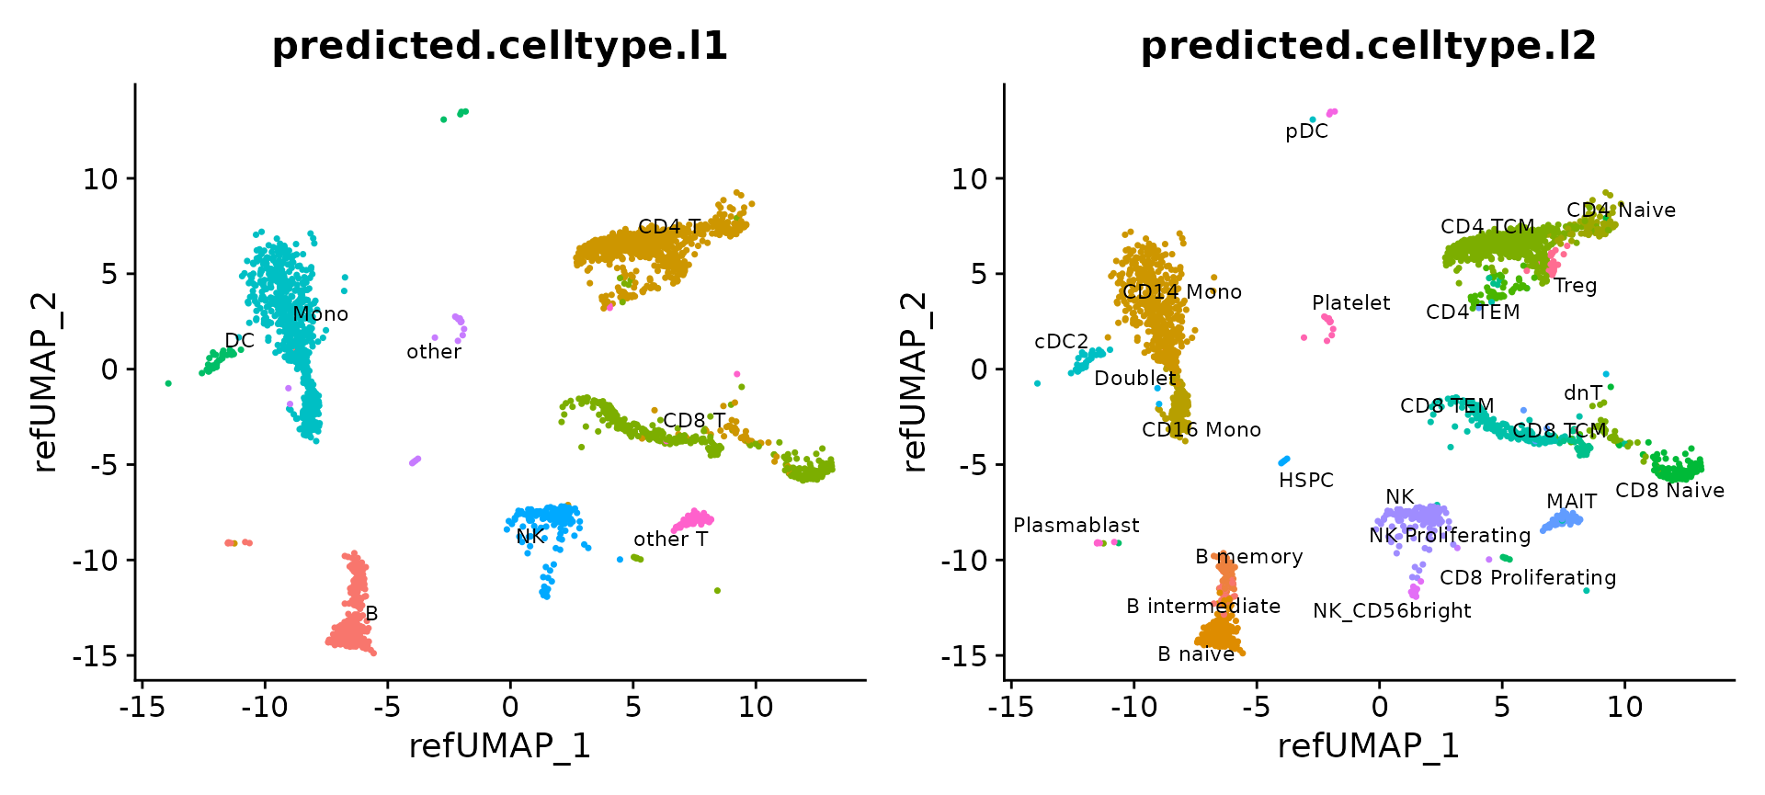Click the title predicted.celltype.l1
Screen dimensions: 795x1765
pos(500,46)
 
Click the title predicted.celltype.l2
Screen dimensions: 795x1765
pos(1368,46)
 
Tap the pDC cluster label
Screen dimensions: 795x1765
pos(1306,131)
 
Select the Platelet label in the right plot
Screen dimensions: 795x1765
pos(1350,303)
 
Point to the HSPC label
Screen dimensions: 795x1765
pos(1305,480)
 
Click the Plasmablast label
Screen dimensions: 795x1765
pos(1076,525)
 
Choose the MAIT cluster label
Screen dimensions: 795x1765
pos(1571,501)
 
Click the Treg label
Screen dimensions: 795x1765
pos(1575,286)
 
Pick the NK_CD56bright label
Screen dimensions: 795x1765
pos(1392,611)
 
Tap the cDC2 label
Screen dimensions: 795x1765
pos(1061,342)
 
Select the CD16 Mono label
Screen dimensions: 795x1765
pos(1201,430)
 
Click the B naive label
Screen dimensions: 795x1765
pos(1195,654)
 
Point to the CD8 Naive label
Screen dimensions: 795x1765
pos(1669,491)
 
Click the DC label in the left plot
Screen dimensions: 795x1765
pos(239,341)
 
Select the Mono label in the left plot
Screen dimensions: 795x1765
pos(320,314)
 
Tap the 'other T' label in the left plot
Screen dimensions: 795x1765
pos(670,539)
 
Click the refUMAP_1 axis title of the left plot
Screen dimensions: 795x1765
pos(499,746)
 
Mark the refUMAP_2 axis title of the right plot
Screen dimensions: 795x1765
pos(916,382)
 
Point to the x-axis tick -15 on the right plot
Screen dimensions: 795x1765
pos(1009,707)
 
